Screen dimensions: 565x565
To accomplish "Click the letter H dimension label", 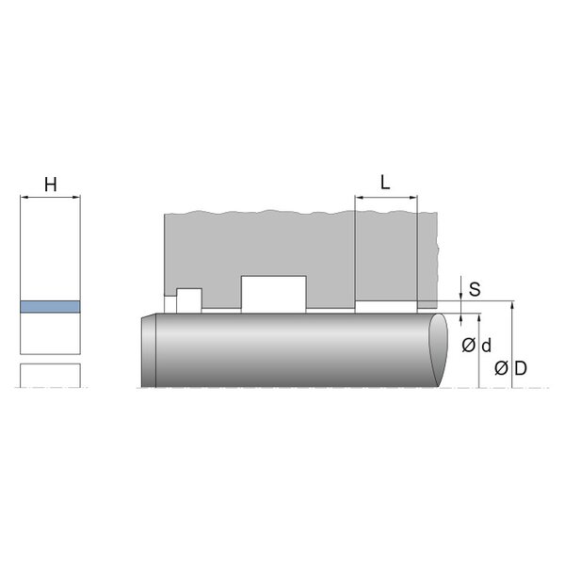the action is coord(51,185).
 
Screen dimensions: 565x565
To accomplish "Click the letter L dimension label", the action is coord(385,183).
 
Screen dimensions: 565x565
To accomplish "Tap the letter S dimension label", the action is coord(475,289).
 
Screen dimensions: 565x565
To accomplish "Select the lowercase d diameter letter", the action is coord(486,346).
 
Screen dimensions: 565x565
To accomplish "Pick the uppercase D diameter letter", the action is coord(521,368).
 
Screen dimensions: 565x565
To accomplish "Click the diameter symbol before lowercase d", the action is coord(468,346).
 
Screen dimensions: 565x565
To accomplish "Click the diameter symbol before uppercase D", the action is coord(501,368).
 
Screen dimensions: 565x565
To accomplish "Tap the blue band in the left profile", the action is coord(50,307).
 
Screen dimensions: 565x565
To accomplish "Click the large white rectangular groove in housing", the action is coord(273,295).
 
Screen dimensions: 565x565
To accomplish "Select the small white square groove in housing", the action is coord(189,300).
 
